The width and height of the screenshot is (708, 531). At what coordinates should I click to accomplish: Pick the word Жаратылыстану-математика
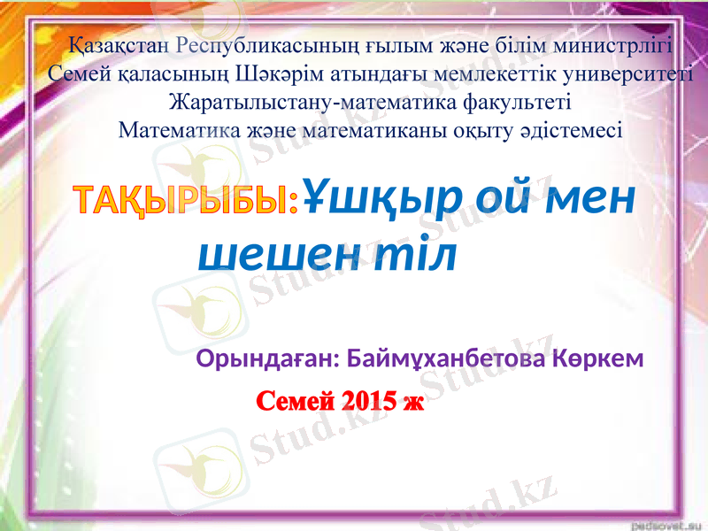[309, 102]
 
